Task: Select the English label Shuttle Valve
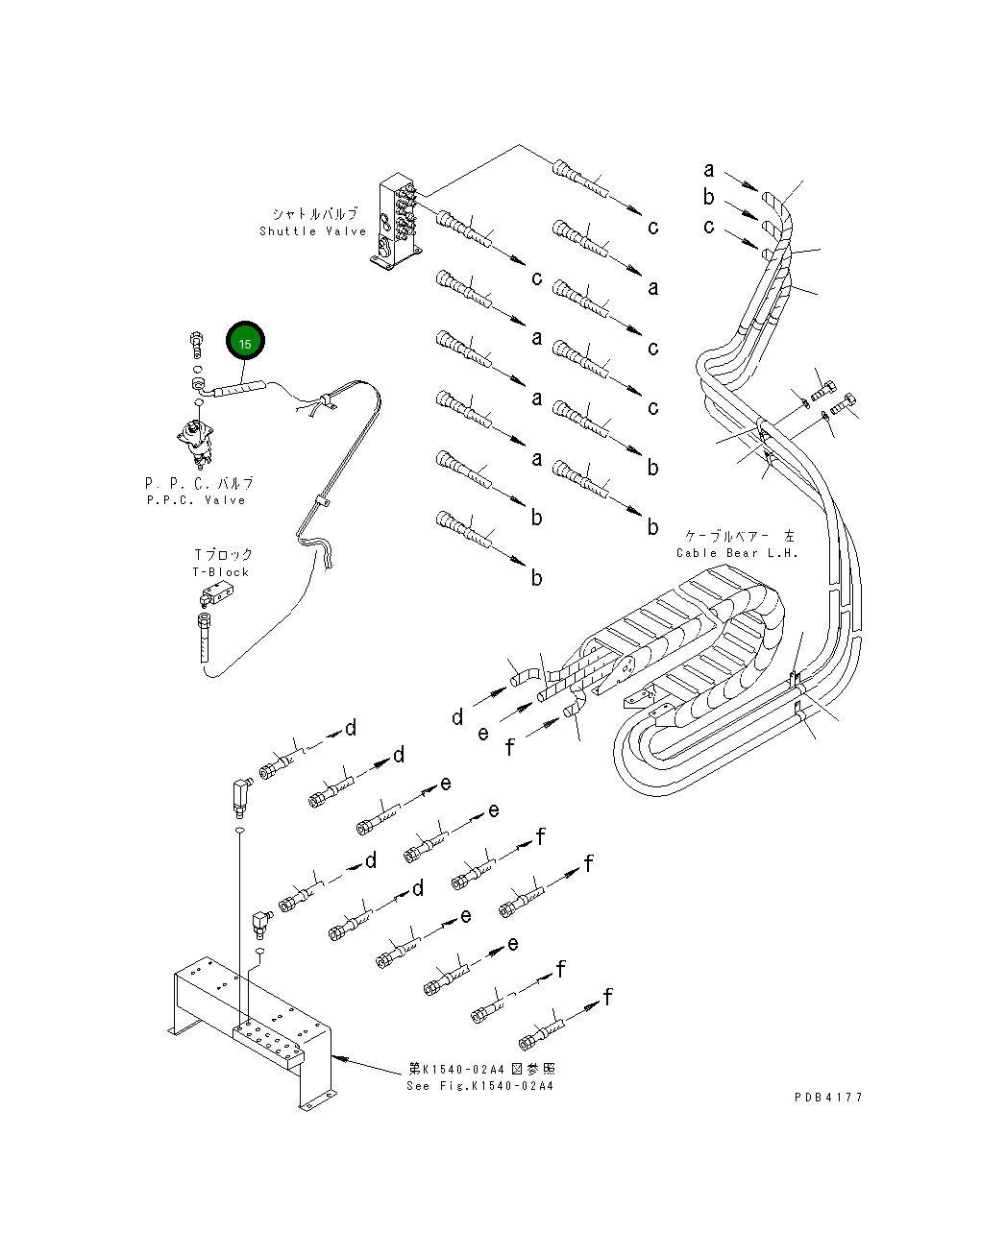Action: click(x=312, y=231)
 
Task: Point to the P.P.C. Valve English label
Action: click(x=196, y=500)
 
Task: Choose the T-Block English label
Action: click(x=221, y=572)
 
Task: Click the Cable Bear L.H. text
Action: click(x=737, y=553)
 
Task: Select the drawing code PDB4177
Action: click(x=828, y=1098)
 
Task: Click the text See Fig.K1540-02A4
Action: click(x=479, y=1086)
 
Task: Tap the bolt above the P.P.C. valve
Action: click(x=195, y=341)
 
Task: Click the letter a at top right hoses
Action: click(x=709, y=171)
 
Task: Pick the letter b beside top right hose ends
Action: click(x=709, y=198)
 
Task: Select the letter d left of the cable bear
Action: click(x=457, y=717)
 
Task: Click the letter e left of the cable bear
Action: click(x=483, y=734)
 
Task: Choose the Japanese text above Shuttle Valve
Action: click(x=314, y=213)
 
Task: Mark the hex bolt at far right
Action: click(x=848, y=402)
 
